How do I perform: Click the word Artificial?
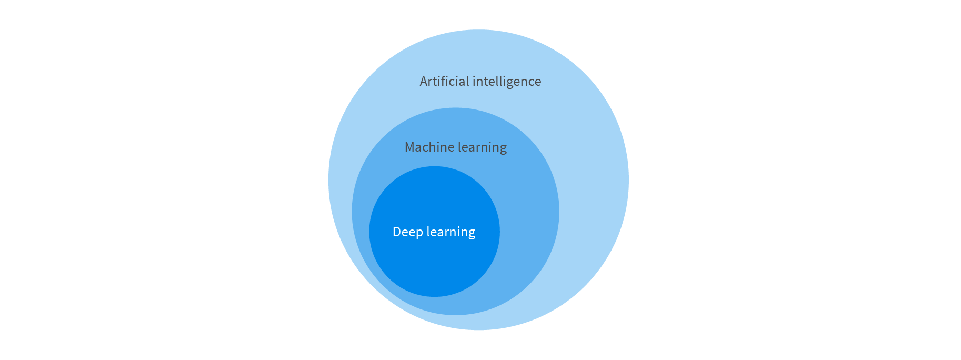[444, 82]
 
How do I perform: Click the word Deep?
[407, 232]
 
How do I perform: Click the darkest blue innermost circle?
[434, 263]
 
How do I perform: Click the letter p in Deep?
[419, 233]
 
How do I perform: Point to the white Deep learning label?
[434, 232]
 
